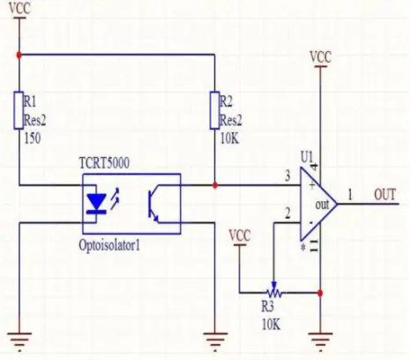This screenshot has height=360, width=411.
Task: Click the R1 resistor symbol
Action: (x=19, y=110)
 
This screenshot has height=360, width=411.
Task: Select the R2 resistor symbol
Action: (x=215, y=110)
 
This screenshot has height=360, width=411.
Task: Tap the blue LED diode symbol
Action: (x=96, y=203)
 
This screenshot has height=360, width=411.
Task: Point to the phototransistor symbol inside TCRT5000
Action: (x=153, y=205)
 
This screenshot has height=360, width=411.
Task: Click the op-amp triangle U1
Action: (x=318, y=204)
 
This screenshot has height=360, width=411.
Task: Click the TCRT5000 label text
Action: (x=104, y=163)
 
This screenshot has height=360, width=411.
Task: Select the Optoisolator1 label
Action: (x=109, y=245)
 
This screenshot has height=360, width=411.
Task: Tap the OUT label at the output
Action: (x=385, y=195)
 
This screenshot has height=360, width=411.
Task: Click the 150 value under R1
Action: (x=33, y=139)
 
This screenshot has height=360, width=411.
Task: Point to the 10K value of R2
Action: (x=229, y=139)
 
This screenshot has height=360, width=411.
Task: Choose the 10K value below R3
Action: (x=271, y=325)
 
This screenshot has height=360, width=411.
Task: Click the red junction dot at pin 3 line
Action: (x=215, y=185)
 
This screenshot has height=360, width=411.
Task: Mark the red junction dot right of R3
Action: (x=320, y=293)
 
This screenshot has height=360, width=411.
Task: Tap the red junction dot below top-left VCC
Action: (x=19, y=55)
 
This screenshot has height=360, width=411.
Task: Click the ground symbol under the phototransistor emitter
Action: (x=215, y=341)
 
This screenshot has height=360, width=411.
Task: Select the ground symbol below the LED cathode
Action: (x=19, y=341)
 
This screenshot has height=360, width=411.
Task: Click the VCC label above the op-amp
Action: (x=320, y=56)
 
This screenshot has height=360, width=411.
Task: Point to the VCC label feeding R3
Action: (x=240, y=236)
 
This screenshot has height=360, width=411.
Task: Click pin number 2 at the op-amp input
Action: (x=288, y=214)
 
